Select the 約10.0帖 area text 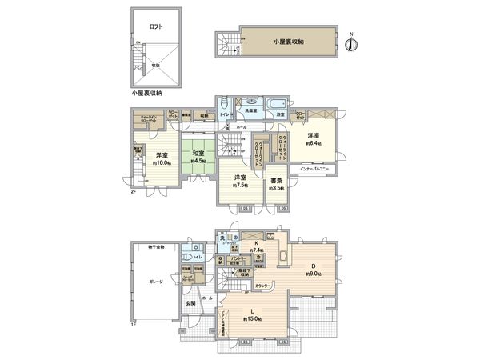pyautogui.click(x=162, y=163)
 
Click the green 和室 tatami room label pyautogui.click(x=198, y=153)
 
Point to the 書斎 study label pyautogui.click(x=276, y=181)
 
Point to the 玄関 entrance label pyautogui.click(x=190, y=303)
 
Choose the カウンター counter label pyautogui.click(x=261, y=284)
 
